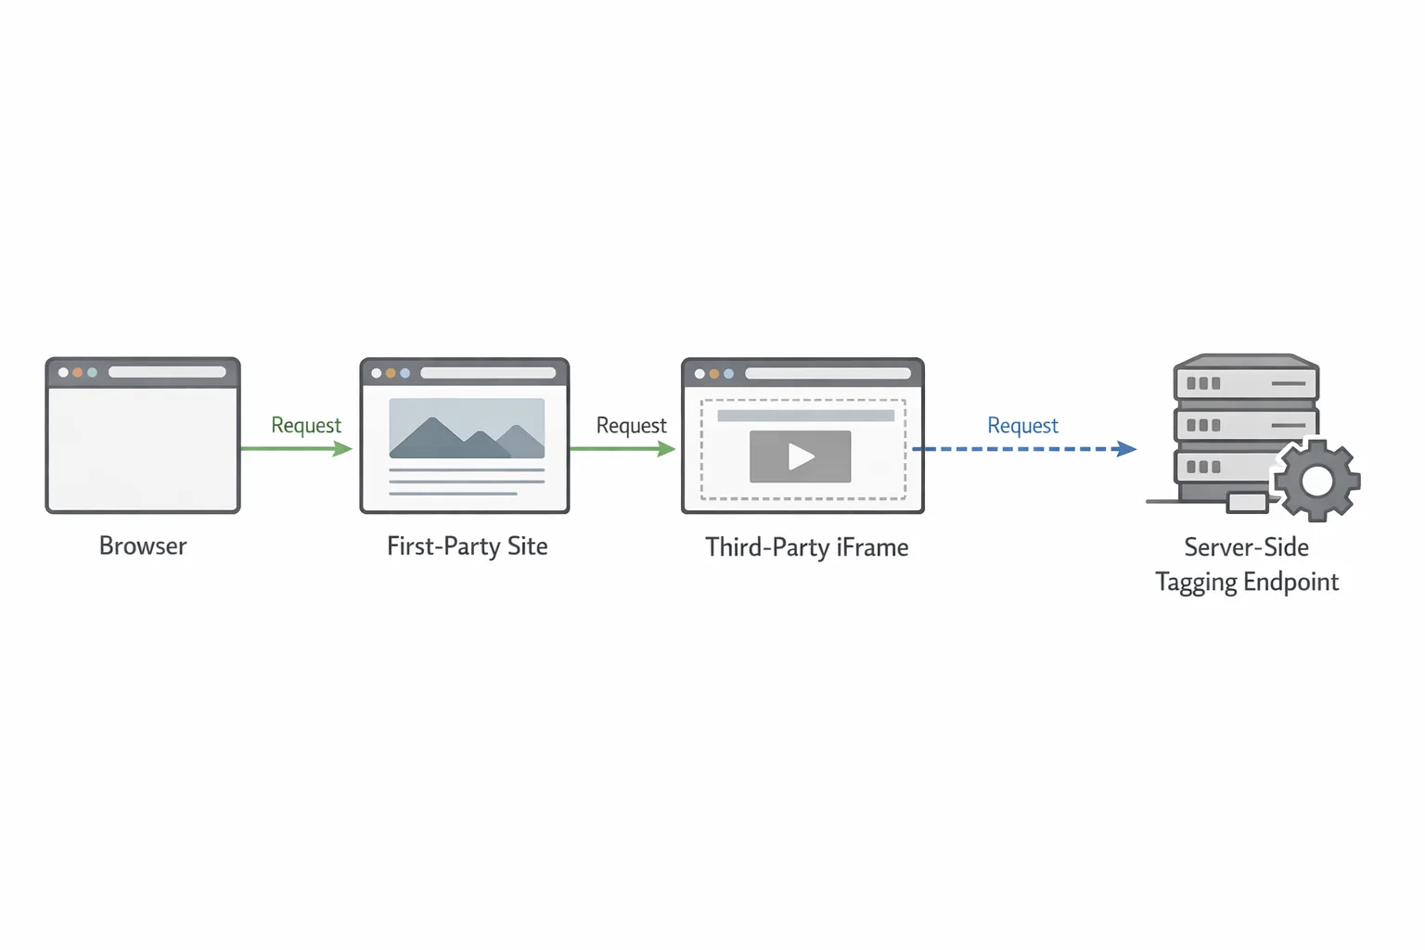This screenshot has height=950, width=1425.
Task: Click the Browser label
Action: [143, 546]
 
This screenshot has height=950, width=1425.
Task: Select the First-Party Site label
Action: [467, 546]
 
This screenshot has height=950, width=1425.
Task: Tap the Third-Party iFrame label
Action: [806, 547]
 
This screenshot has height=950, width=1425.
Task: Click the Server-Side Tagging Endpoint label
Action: [1246, 564]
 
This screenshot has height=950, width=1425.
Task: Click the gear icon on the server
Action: [1316, 481]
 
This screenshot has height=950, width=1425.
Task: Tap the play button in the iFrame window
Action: [800, 456]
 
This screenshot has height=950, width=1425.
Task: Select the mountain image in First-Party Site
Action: [467, 429]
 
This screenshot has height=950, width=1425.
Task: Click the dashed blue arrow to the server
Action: [1024, 449]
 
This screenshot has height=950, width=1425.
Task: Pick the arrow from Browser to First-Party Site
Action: [295, 449]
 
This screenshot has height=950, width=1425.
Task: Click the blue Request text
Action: [1022, 426]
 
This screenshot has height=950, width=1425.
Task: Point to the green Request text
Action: [306, 425]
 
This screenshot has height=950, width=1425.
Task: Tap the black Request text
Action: [631, 426]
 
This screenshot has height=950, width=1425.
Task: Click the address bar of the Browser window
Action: [167, 372]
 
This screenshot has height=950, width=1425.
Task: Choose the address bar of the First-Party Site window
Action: [488, 373]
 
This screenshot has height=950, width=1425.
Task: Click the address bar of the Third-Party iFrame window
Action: [828, 374]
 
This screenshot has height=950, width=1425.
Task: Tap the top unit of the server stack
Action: [1246, 382]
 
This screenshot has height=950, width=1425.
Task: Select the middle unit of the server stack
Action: [1246, 425]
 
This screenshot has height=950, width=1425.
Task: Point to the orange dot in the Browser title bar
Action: [78, 372]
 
